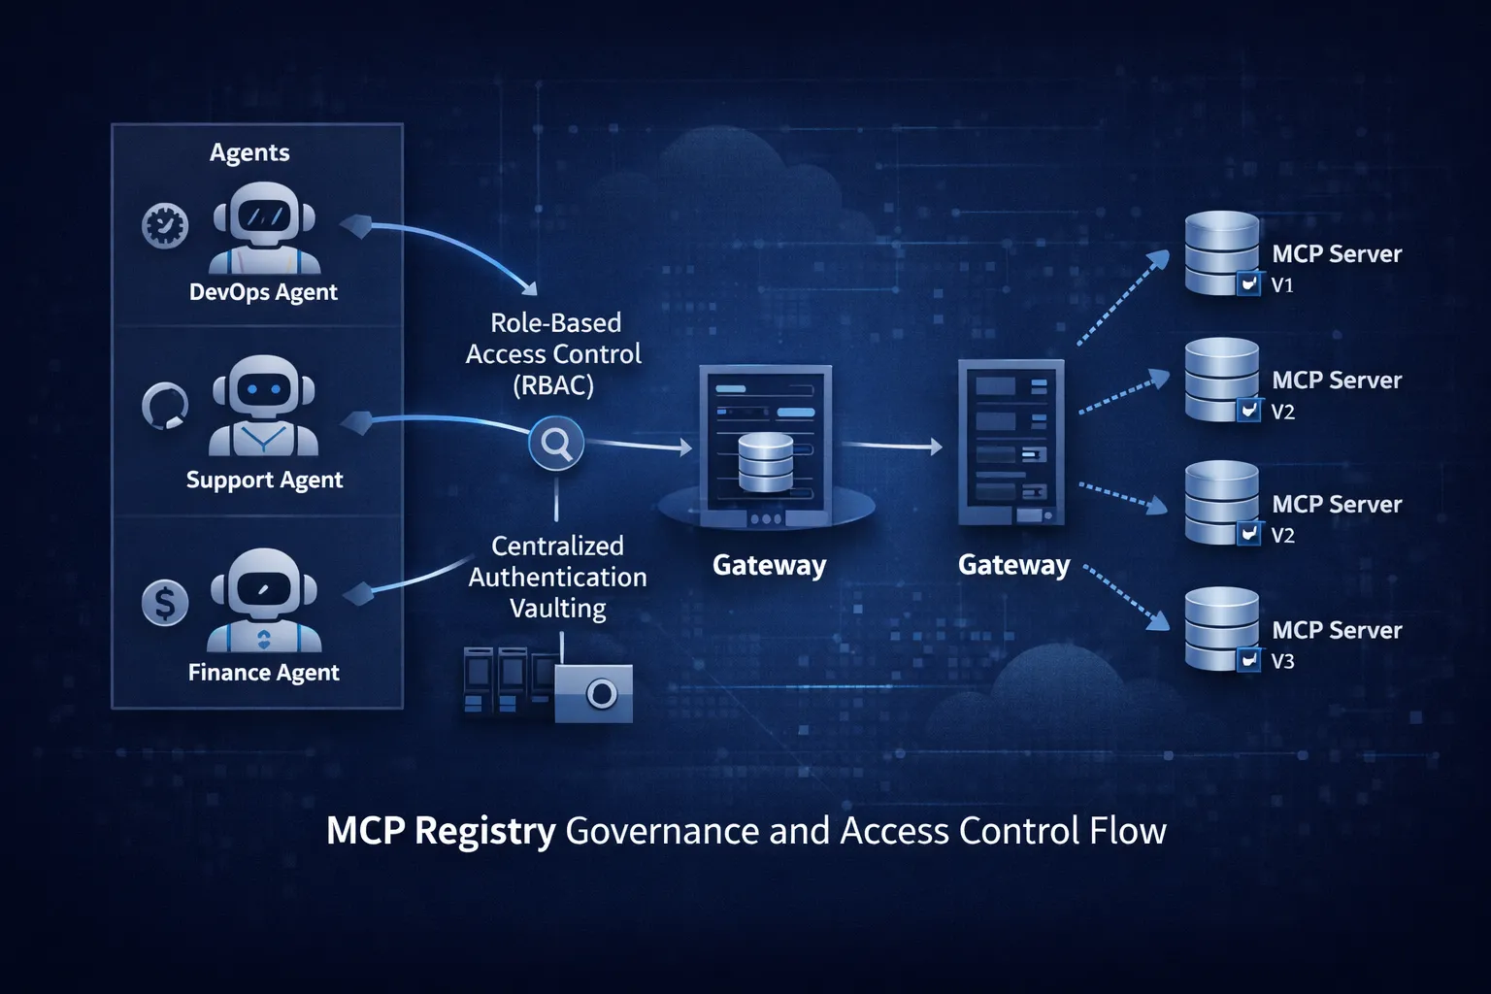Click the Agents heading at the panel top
[249, 152]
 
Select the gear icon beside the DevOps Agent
[165, 226]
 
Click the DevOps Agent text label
[263, 292]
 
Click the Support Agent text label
[264, 480]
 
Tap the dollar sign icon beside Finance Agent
[165, 603]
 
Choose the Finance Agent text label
[263, 673]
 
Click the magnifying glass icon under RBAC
[556, 444]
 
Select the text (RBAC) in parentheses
[553, 385]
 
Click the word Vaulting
[557, 609]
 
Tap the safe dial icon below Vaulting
[601, 694]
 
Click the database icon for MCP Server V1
[1221, 251]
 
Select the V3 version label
[1282, 662]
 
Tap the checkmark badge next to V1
[1249, 283]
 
